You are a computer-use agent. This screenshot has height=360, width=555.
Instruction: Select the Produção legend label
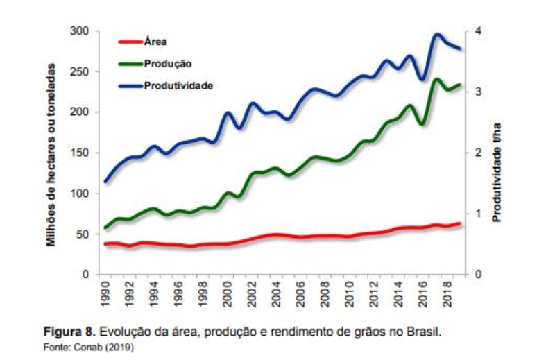tap(168, 63)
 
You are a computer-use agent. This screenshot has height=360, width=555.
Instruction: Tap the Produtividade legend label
tap(178, 85)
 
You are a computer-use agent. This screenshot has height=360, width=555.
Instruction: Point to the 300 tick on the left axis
tap(80, 31)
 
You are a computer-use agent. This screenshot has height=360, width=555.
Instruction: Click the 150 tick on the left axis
tap(80, 153)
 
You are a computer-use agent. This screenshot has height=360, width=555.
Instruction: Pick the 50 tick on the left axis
tap(83, 234)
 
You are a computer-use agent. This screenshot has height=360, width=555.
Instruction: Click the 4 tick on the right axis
tap(478, 31)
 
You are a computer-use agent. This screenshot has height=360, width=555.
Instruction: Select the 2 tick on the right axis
tap(478, 153)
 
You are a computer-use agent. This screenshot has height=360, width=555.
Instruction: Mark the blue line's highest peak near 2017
tap(437, 34)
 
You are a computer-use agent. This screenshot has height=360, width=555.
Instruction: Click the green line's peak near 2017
tap(436, 79)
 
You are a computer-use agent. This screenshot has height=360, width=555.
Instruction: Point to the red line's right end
tap(459, 223)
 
